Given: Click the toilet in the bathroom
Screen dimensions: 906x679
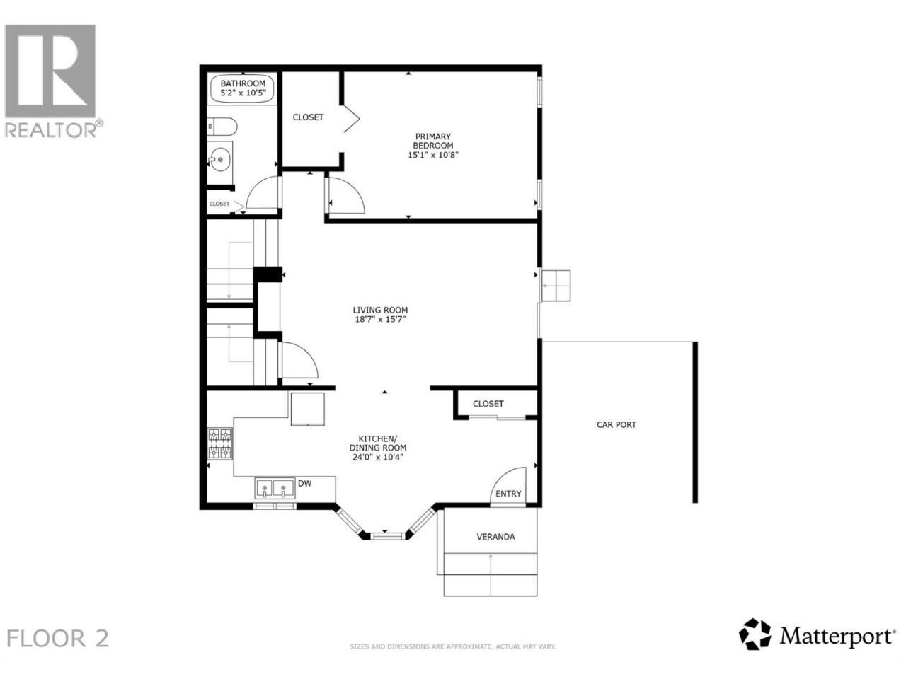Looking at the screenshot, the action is [222, 126].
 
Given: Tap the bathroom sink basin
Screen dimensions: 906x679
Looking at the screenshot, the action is [219, 159].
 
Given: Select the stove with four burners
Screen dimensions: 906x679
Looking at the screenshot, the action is [220, 443].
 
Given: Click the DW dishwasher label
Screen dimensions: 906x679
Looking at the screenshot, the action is [304, 484].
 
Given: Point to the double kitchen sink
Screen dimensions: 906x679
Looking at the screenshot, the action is [275, 489].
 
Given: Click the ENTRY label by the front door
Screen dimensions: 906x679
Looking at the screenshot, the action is [508, 494].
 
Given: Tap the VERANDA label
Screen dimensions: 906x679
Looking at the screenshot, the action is [495, 537].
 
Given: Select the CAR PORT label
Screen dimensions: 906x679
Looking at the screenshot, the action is [617, 424].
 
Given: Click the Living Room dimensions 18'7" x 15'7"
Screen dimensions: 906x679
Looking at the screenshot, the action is [381, 319].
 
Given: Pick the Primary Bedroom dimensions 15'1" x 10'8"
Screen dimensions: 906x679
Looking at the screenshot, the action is [433, 155].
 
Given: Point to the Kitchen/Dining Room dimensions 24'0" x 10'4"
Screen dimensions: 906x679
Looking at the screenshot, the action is [378, 457].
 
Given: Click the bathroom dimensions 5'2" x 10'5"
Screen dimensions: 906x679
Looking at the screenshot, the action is [243, 93].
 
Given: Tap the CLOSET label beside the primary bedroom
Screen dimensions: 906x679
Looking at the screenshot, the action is [308, 117].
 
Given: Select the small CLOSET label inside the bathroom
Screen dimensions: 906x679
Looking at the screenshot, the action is [219, 204].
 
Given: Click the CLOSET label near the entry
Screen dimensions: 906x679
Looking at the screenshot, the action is [488, 404].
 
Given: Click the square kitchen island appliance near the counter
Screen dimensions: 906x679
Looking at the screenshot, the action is [307, 409].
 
